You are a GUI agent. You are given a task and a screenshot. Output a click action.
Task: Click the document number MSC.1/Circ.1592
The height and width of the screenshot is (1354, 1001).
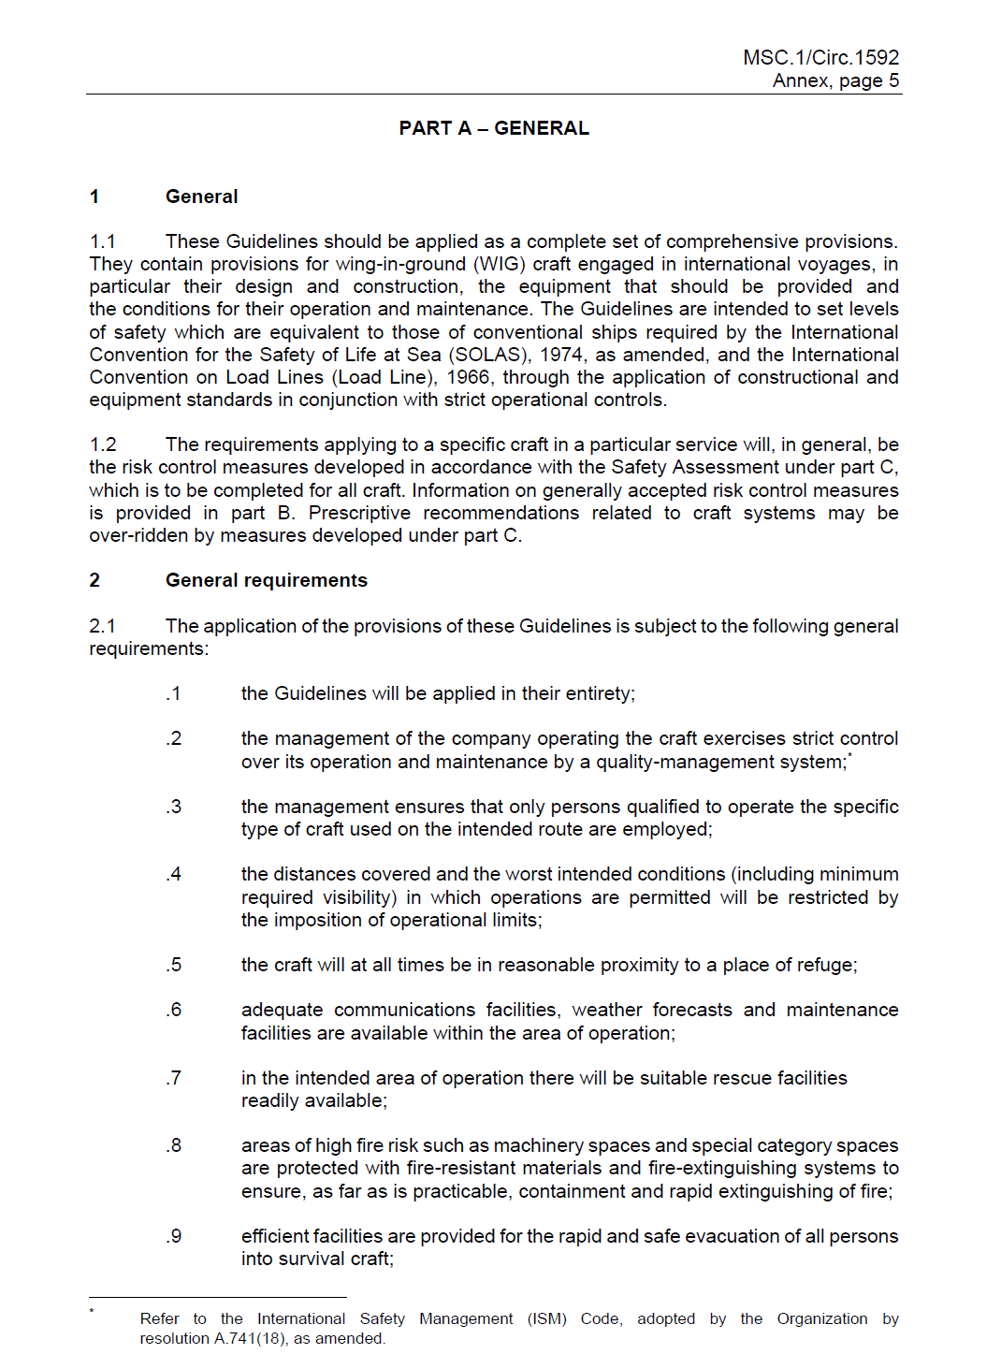[x=820, y=58]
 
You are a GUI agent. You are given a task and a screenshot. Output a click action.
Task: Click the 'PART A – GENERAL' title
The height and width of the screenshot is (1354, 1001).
[x=494, y=128]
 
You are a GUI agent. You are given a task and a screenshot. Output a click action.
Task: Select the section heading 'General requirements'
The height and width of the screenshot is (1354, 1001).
[x=267, y=580]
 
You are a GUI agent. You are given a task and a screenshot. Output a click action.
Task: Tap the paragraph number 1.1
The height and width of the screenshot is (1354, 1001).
[x=103, y=241]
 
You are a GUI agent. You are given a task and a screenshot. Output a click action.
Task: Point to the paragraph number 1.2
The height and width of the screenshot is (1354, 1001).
[x=103, y=444]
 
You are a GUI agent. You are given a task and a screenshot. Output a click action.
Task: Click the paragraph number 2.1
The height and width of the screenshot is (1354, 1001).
[x=103, y=626]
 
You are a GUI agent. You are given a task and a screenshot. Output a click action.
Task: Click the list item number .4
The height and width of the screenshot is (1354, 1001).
[x=174, y=874]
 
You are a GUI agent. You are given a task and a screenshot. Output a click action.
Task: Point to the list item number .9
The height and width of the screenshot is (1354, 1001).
[x=174, y=1236]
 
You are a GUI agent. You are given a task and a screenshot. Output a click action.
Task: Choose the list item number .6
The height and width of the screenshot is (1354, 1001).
[x=174, y=1010]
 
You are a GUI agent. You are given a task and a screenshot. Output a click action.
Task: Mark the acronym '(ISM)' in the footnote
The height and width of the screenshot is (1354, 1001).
[x=546, y=1318]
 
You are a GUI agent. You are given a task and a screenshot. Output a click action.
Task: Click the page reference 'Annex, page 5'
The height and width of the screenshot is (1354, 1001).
[x=835, y=80]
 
